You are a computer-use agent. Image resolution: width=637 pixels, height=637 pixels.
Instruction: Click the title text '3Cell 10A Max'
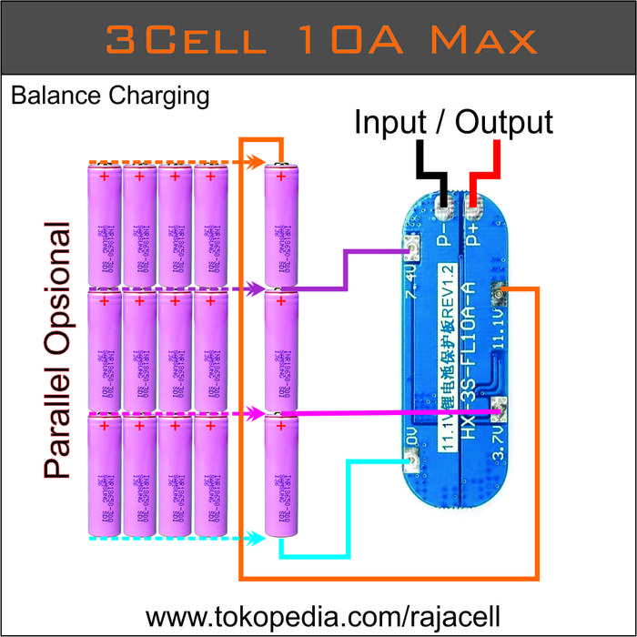click(x=319, y=38)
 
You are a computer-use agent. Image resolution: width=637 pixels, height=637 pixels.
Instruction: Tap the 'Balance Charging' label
click(x=110, y=95)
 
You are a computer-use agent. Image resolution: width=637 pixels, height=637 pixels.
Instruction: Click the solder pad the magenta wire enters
click(x=497, y=411)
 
